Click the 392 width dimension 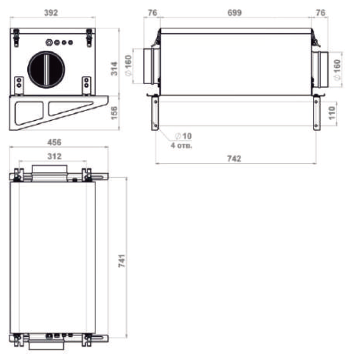51,13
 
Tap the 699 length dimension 234,13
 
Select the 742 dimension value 234,159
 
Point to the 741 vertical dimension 122,261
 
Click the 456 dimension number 54,142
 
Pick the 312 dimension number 54,156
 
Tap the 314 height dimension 114,69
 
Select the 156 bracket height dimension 114,113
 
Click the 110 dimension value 332,113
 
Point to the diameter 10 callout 184,136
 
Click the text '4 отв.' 181,146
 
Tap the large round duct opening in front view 46,69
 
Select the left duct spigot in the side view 151,66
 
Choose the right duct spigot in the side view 320,69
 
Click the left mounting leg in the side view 155,114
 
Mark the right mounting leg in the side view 317,114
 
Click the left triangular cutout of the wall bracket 29,112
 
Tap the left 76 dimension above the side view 152,13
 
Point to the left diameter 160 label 128,65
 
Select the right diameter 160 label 337,70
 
